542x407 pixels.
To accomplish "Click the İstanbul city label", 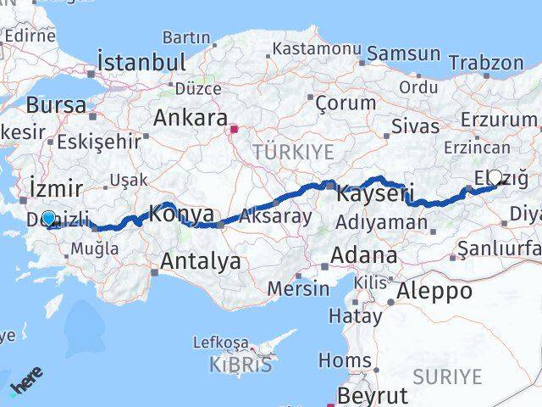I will click(x=141, y=62).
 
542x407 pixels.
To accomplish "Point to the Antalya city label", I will click(x=202, y=261).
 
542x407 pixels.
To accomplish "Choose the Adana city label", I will click(x=364, y=255).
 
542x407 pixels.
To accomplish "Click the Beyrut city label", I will click(x=373, y=395).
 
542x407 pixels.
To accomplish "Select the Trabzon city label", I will click(x=486, y=63).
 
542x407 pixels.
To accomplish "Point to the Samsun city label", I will click(x=404, y=53).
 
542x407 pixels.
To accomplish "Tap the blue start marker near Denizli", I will click(x=49, y=218).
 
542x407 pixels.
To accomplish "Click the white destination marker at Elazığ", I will click(x=495, y=177).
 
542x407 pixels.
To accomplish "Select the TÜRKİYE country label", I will click(x=293, y=152).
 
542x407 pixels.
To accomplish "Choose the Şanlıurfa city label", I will click(x=498, y=249).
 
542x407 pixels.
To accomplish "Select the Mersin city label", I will click(x=298, y=288).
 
